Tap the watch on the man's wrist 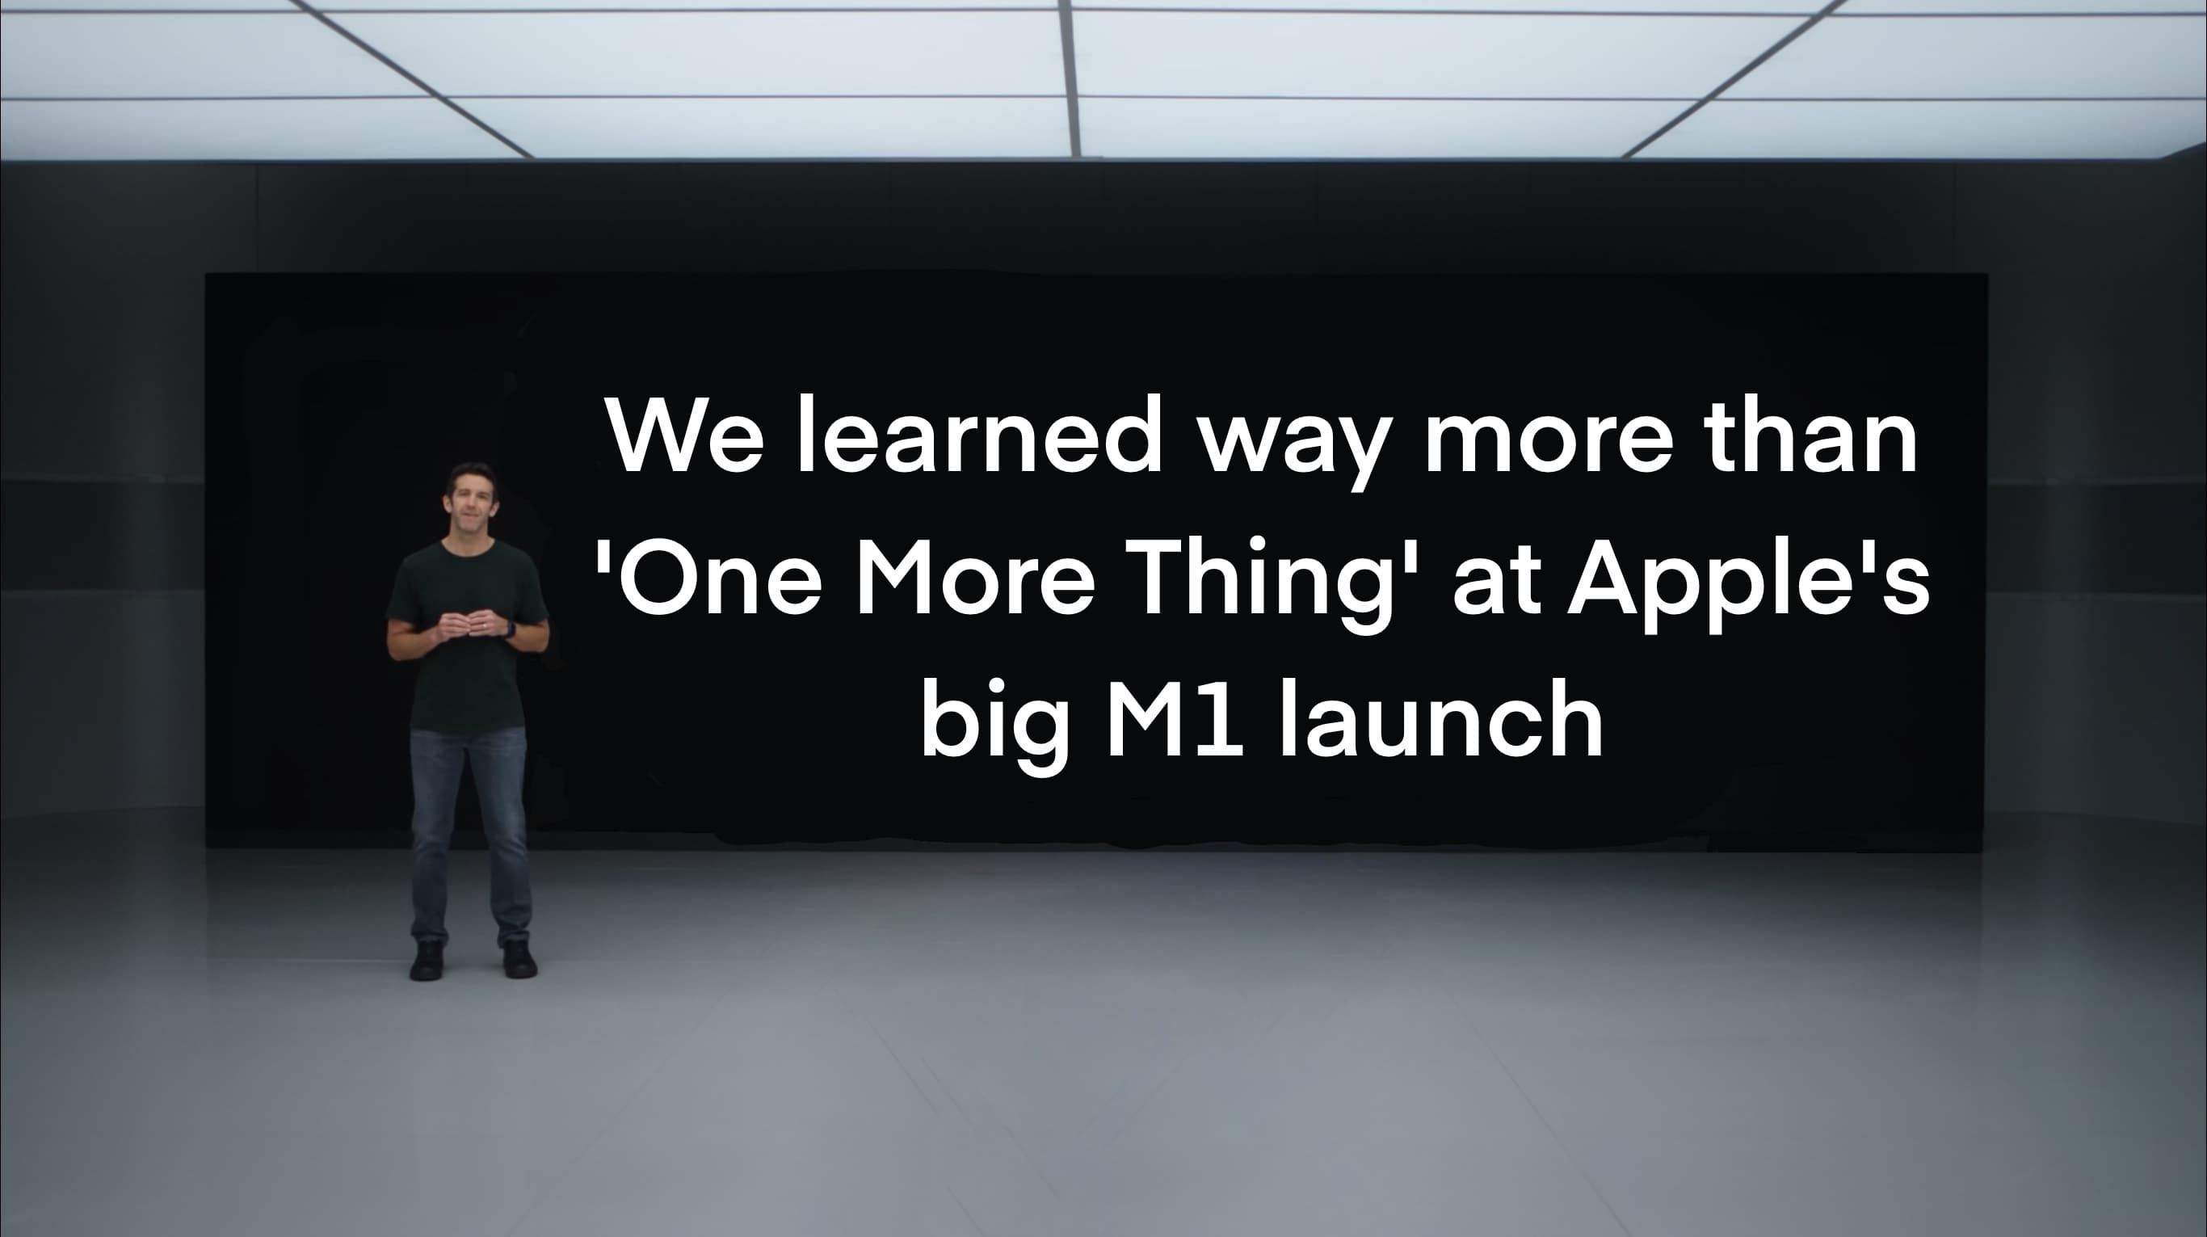[x=511, y=630]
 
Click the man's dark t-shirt [x=467, y=677]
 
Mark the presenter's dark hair [x=469, y=473]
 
